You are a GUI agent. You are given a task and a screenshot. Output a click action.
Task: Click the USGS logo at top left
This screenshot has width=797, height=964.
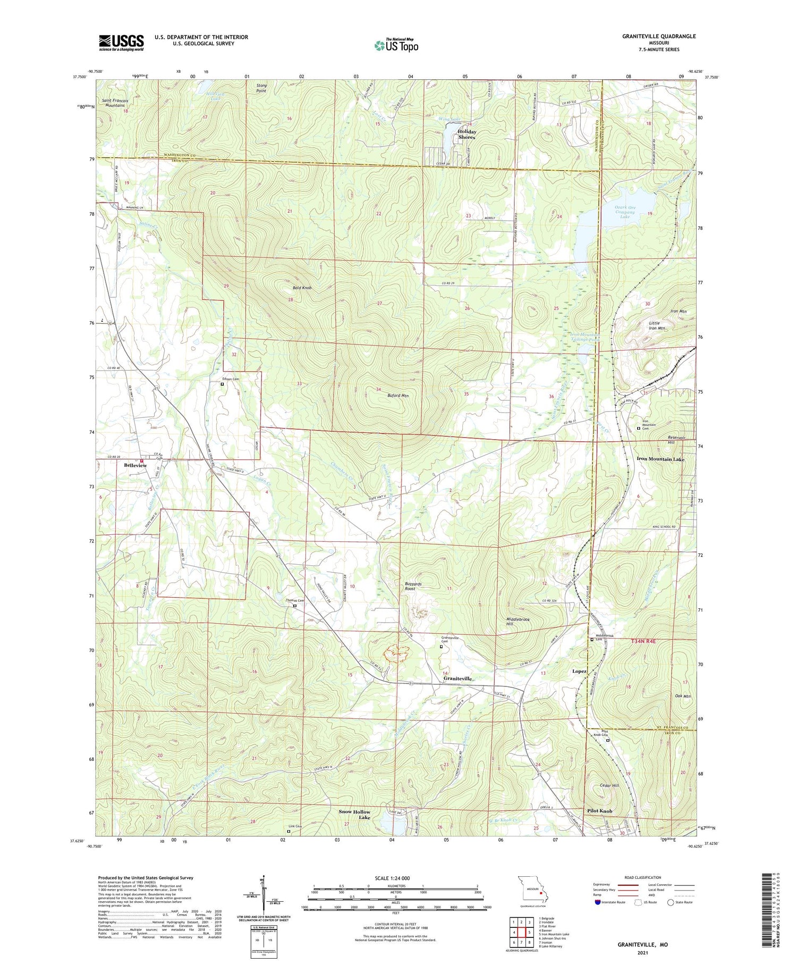click(x=121, y=43)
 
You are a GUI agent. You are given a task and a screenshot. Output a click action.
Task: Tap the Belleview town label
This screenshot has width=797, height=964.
click(x=135, y=465)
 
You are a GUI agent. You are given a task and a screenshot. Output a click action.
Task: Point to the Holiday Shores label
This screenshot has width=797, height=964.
click(x=467, y=135)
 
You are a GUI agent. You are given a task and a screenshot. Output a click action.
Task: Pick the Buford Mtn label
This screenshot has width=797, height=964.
click(x=397, y=396)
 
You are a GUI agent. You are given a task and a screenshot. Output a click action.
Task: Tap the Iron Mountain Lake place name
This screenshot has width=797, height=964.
click(x=660, y=458)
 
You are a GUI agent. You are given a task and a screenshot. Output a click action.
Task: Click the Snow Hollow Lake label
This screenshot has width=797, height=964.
click(x=354, y=815)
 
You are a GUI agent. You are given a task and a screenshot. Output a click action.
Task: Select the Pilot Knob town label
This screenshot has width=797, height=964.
click(x=599, y=811)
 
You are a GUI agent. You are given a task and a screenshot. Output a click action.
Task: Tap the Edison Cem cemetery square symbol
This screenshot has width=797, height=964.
click(x=222, y=384)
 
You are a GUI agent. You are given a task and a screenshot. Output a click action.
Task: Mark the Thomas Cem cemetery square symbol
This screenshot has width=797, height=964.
click(x=295, y=605)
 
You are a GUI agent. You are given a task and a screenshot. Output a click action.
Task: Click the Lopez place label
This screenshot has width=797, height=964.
click(x=579, y=671)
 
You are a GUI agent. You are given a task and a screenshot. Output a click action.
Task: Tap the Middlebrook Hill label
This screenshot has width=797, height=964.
click(x=514, y=623)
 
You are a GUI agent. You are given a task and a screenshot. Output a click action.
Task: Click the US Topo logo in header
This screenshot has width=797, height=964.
click(x=396, y=45)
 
